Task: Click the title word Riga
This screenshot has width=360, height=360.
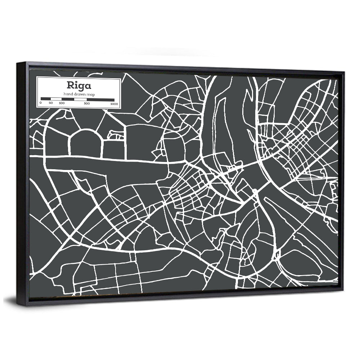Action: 73,86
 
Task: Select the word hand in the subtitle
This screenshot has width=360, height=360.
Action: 68,94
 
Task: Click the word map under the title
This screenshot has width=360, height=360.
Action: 88,94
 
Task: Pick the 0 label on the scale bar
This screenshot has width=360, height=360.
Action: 40,103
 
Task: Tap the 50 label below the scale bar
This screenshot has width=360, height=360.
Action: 51,103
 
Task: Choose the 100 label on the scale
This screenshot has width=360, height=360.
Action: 62,104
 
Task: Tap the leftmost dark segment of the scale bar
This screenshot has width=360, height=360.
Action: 45,98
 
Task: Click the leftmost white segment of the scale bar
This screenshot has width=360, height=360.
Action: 56,99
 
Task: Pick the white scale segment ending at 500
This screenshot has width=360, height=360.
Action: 80,99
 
